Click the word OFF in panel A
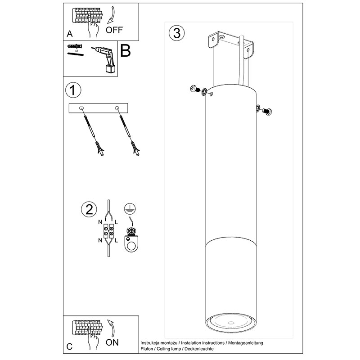pos(114,30)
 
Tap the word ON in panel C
pos(112,342)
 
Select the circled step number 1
pos(73,90)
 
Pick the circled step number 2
pos(89,209)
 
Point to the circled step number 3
pos(177,33)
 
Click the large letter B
pos(126,50)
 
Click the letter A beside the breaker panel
pos(70,34)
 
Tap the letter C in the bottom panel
pos(69,346)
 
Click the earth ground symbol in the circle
pos(130,209)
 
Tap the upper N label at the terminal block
pos(100,222)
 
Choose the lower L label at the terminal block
pos(116,240)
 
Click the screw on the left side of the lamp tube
pos(195,89)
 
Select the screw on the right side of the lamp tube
pos(266,111)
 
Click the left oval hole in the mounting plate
pos(81,108)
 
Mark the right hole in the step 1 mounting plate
pos(117,108)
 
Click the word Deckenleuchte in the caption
pos(199,349)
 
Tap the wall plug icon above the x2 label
pos(75,46)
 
